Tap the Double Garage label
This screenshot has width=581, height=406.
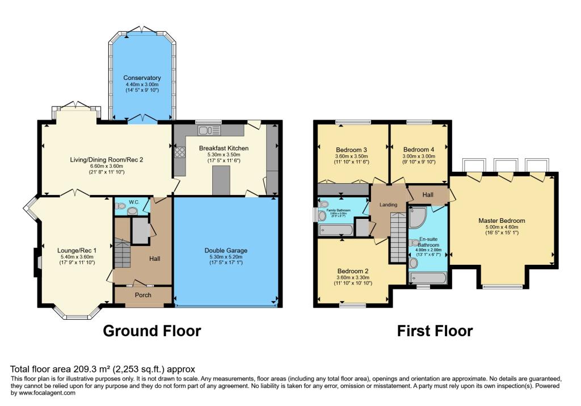(226, 250)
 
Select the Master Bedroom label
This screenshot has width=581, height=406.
(502, 221)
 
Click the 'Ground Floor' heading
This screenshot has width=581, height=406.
(151, 331)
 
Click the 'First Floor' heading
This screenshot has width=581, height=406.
(435, 331)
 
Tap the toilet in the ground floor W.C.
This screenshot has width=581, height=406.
(132, 210)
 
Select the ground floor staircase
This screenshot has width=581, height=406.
(123, 253)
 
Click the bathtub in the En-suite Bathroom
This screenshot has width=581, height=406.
(428, 278)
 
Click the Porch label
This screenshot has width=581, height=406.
(142, 295)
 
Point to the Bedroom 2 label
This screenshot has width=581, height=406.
(353, 270)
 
